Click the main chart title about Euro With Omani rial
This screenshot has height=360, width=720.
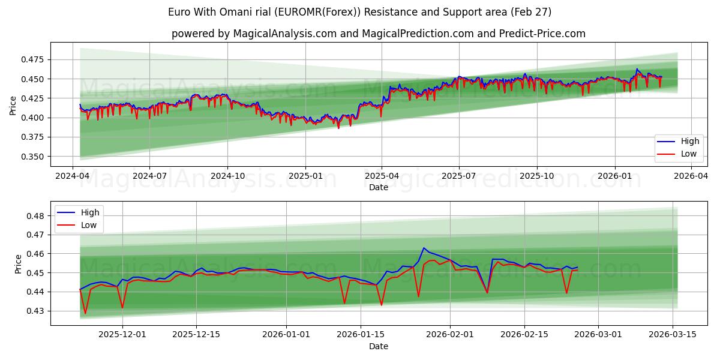tap(360, 12)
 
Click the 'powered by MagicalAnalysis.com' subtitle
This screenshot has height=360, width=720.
tap(378, 34)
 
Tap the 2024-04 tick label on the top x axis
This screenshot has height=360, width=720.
tap(73, 176)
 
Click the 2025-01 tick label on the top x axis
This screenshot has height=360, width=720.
tap(305, 176)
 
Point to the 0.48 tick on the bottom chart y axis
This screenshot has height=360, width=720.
tap(35, 216)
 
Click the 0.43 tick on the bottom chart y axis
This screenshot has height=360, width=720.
tap(35, 311)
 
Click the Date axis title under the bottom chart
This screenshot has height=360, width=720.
tap(378, 346)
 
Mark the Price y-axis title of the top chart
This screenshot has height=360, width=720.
tap(13, 106)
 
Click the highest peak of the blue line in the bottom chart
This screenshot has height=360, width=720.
tap(424, 247)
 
